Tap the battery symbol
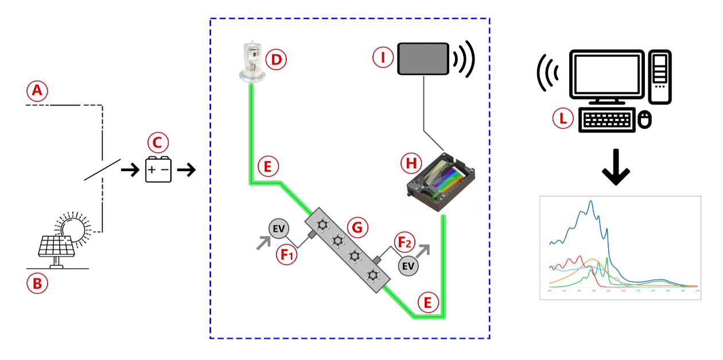click(x=158, y=170)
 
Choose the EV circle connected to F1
click(x=279, y=229)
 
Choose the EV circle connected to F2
click(x=409, y=266)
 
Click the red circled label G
click(x=359, y=228)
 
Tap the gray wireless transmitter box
click(x=423, y=59)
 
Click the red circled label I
click(x=382, y=57)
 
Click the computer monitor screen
click(x=606, y=73)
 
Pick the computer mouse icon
click(x=645, y=119)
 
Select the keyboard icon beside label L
click(x=607, y=120)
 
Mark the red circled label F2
click(x=403, y=242)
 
